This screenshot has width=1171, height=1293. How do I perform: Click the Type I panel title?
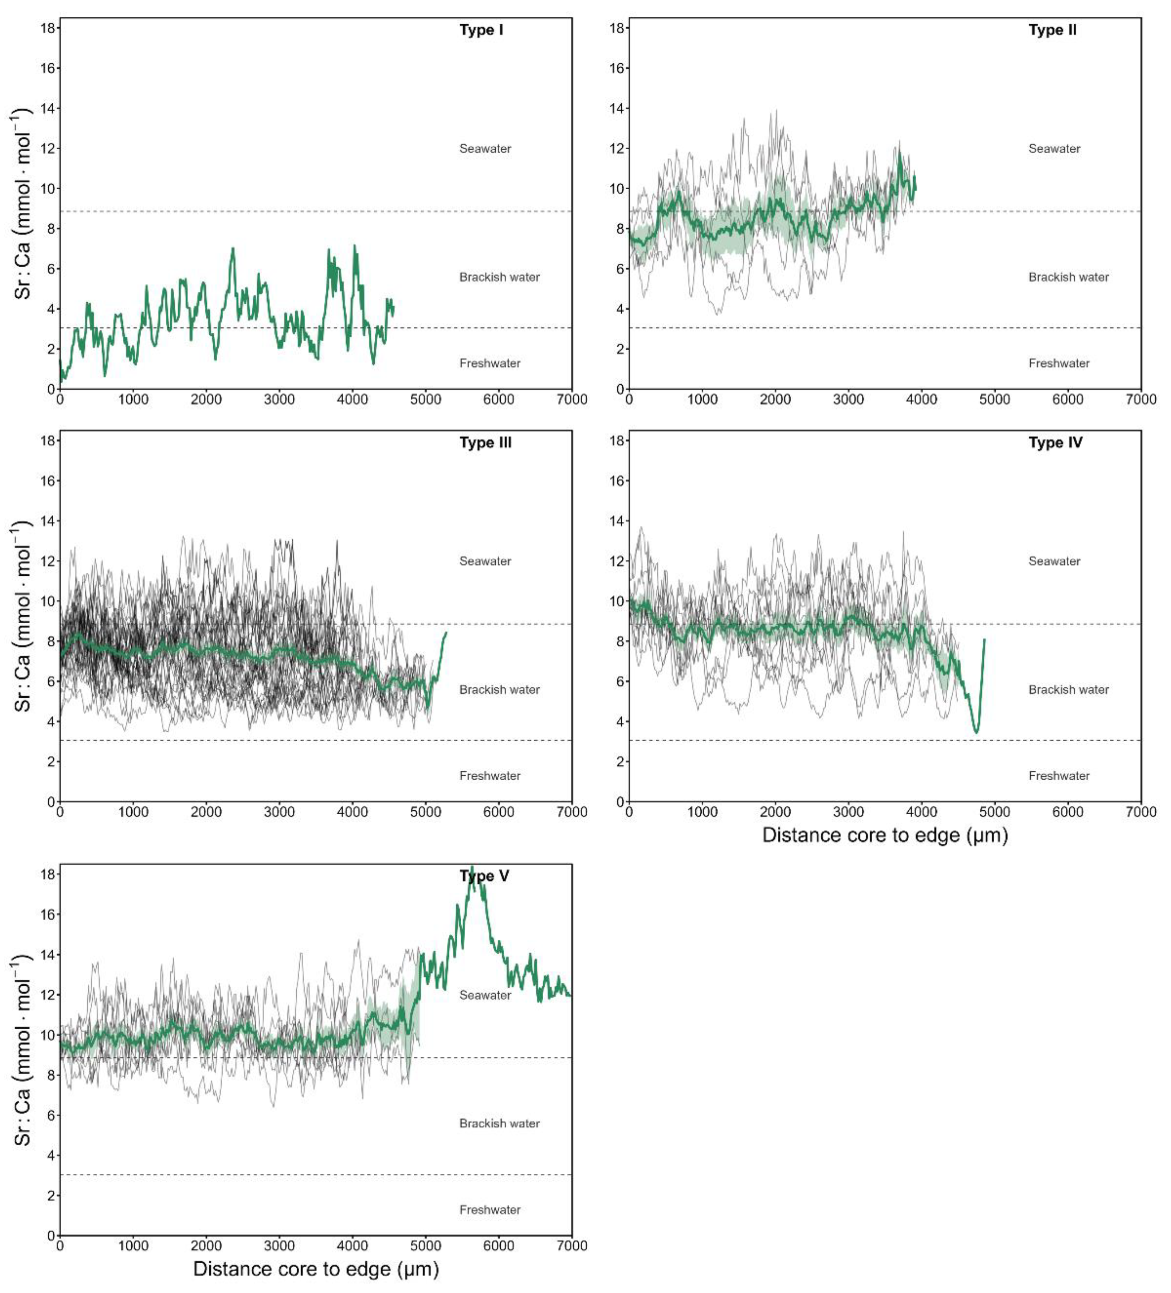[481, 30]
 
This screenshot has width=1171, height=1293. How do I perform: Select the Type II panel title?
[1052, 30]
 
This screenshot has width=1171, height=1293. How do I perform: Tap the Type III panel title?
[485, 443]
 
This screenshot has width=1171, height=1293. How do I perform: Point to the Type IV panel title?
[1055, 443]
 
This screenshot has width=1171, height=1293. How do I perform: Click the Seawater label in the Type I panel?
[485, 149]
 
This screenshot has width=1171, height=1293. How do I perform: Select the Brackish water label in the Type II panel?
[1068, 277]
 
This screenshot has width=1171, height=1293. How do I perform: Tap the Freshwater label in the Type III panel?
[490, 775]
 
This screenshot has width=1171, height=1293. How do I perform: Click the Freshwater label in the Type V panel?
[490, 1210]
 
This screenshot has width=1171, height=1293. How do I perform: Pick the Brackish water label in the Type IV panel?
[1068, 689]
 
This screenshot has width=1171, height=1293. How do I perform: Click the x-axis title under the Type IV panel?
[885, 835]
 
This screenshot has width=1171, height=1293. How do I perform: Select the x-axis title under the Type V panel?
[316, 1269]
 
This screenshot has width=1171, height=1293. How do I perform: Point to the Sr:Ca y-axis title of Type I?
[23, 204]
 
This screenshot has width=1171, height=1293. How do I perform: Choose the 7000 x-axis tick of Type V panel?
[571, 1245]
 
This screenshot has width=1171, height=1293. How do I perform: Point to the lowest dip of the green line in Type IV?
[976, 732]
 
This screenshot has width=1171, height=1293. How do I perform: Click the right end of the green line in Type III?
[446, 633]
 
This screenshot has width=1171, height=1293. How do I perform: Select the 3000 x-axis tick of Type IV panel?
[848, 812]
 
